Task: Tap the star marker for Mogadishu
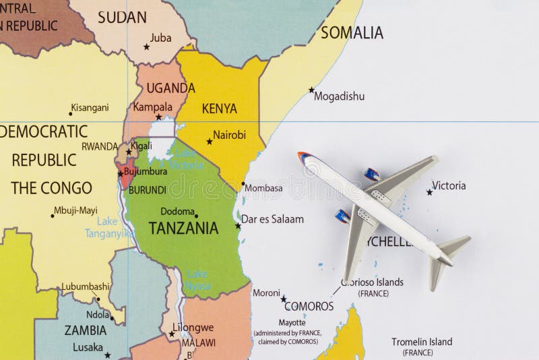point(311,90)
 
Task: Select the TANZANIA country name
point(183,228)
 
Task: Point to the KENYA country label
point(220,109)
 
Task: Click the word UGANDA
point(170,88)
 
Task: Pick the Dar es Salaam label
point(272,219)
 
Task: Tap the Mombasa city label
point(264,188)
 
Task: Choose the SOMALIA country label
point(352,32)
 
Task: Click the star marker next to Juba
point(146,47)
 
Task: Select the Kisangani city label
point(90,107)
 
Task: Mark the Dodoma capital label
point(177,211)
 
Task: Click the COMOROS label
point(309,306)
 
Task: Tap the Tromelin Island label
point(422,342)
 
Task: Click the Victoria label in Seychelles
point(449,185)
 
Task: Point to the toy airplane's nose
point(301,156)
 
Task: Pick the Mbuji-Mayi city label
point(75,210)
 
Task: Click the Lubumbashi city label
point(86,286)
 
